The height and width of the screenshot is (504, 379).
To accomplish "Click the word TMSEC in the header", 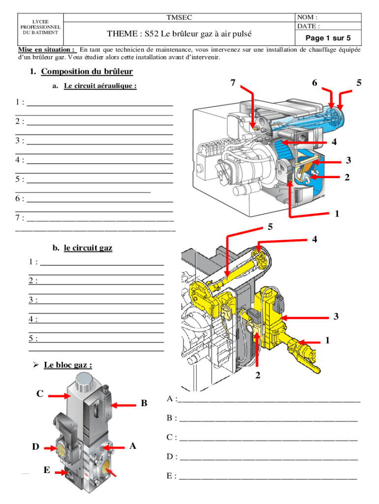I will coord(179,18).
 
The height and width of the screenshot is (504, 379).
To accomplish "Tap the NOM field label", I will coord(307,18).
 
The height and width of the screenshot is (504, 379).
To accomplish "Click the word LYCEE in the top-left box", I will coord(40,22).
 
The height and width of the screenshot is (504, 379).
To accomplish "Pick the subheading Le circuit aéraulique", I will coord(100,86).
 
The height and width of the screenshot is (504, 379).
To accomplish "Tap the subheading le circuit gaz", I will coord(88,248).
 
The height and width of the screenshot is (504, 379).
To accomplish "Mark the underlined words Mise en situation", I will coord(47,50).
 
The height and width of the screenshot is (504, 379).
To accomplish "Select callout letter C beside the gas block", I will coord(40,394).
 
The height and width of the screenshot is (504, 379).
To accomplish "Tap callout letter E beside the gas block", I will coord(46,470).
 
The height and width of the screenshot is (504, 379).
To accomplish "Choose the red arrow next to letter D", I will coord(51,448).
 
